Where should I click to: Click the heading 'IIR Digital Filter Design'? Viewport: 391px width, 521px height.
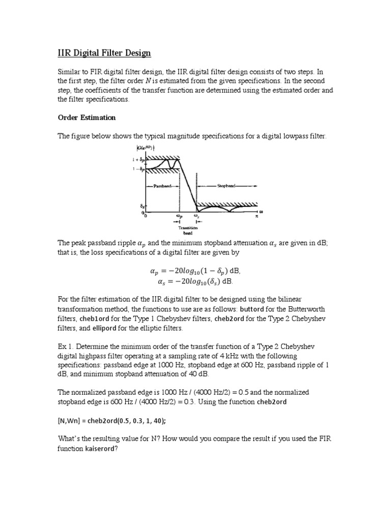(x=104, y=53)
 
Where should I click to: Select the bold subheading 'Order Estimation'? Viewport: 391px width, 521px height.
(x=87, y=118)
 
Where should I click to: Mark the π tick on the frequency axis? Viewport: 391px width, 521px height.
(x=257, y=216)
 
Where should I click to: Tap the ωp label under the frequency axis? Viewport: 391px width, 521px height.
(x=179, y=216)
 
